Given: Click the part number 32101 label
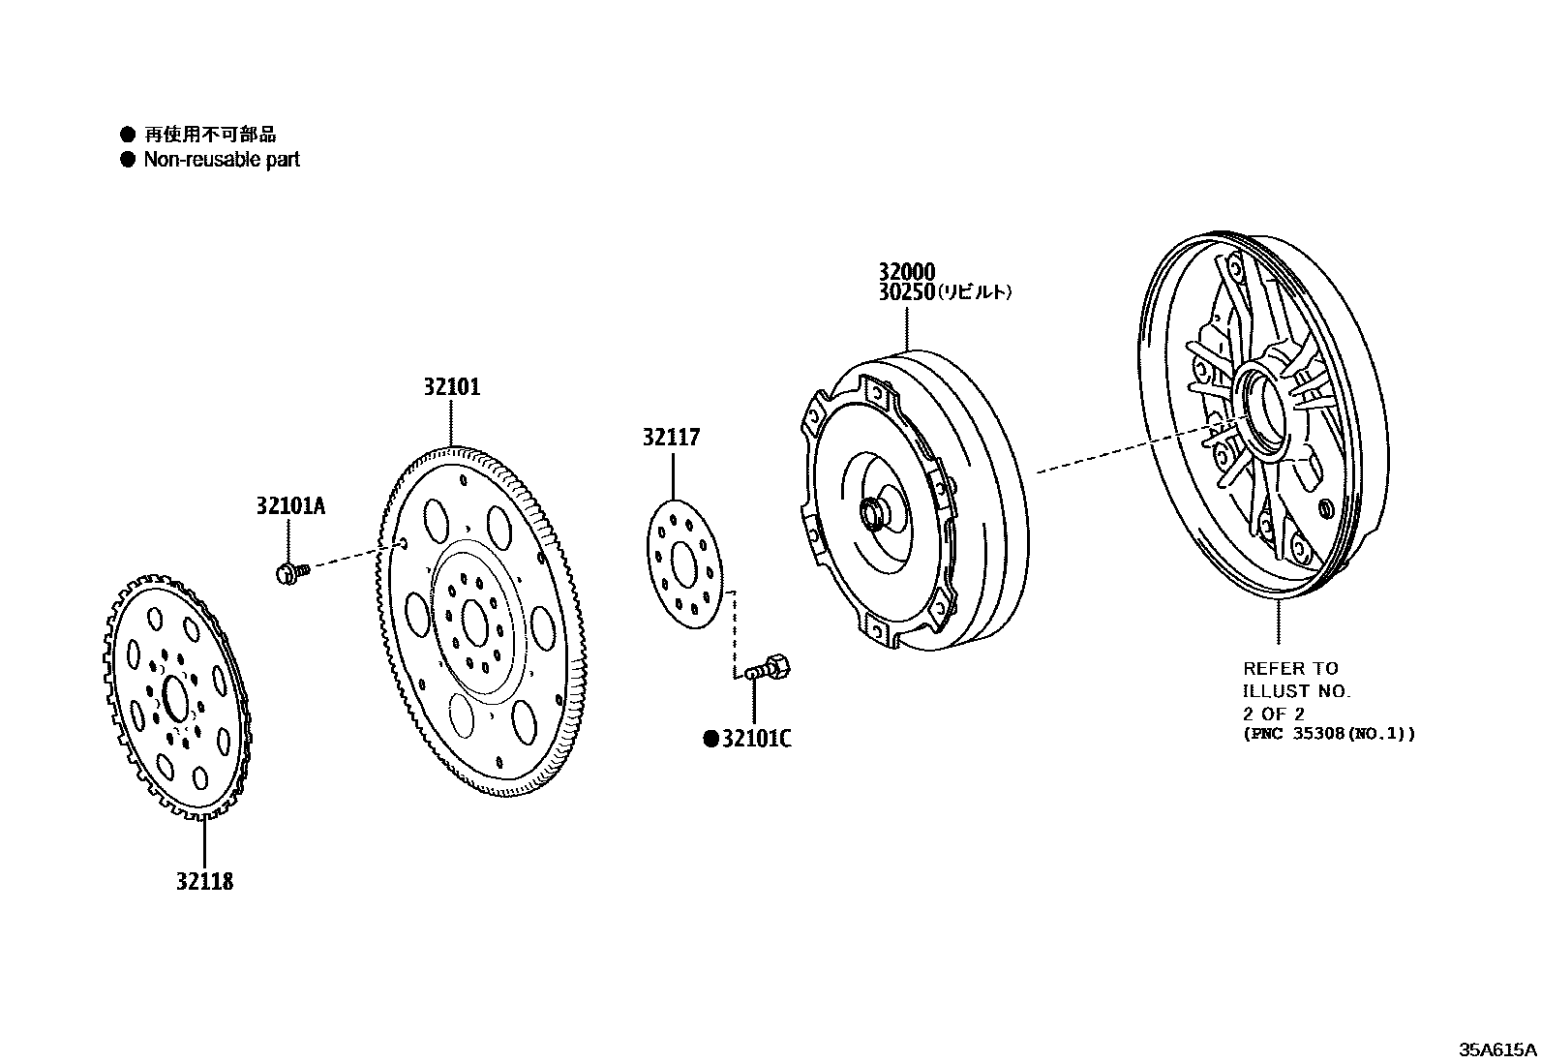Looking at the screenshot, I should click(x=451, y=387).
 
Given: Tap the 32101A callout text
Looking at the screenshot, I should click(x=291, y=505).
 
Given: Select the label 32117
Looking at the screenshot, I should click(x=671, y=438).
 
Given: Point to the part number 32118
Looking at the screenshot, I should click(x=205, y=882).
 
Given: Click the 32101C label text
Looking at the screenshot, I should click(x=756, y=740).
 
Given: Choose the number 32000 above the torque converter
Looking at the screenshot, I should click(x=907, y=272).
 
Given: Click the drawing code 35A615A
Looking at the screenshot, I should click(x=1498, y=1049).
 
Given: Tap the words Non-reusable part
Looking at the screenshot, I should click(x=222, y=160).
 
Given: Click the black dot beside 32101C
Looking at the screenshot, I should click(x=710, y=740).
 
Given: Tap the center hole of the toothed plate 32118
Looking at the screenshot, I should click(x=175, y=698).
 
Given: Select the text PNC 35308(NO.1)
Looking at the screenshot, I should click(x=1329, y=733).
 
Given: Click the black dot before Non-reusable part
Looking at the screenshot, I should click(x=127, y=160).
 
